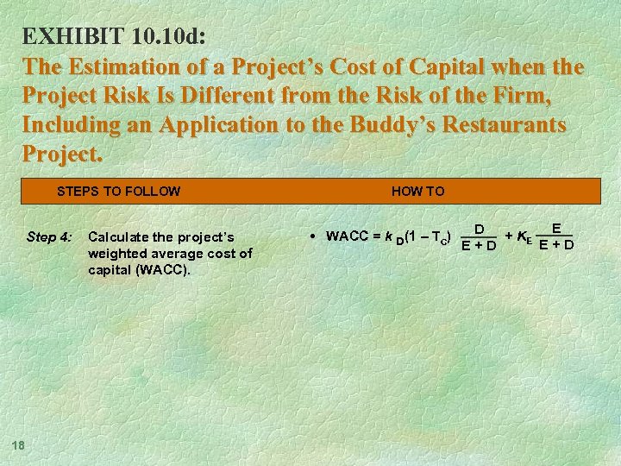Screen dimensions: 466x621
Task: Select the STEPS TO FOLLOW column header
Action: [118, 191]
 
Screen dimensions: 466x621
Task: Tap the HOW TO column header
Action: [417, 191]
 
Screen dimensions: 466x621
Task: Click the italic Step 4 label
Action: [47, 236]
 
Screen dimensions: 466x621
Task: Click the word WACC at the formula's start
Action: [347, 236]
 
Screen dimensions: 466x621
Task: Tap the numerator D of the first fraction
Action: [478, 229]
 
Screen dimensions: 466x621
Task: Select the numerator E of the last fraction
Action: [556, 228]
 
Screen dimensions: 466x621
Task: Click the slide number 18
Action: [17, 444]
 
